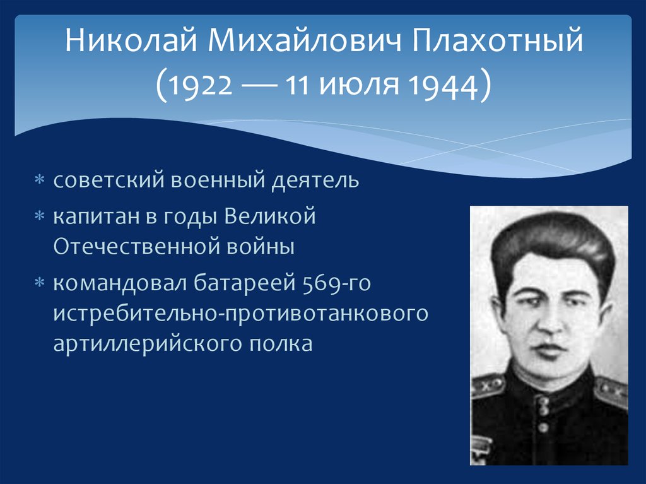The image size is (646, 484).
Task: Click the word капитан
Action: (93, 216)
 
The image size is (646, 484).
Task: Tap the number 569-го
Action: (336, 284)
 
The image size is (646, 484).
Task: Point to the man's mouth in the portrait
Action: (548, 349)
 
